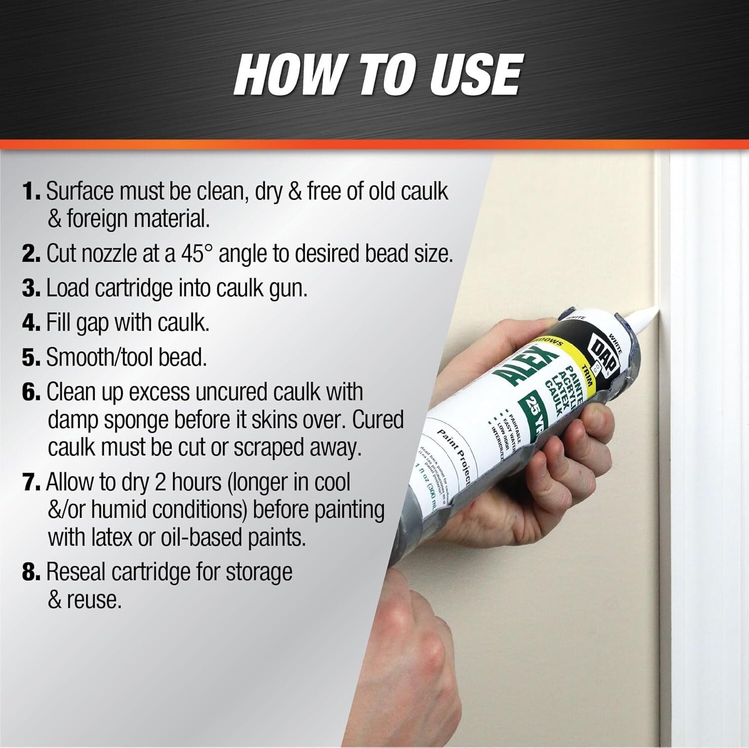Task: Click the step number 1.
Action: coord(30,192)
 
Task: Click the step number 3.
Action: coord(30,288)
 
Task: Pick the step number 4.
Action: coord(30,323)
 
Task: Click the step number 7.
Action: coord(30,483)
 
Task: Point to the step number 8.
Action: coord(30,572)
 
